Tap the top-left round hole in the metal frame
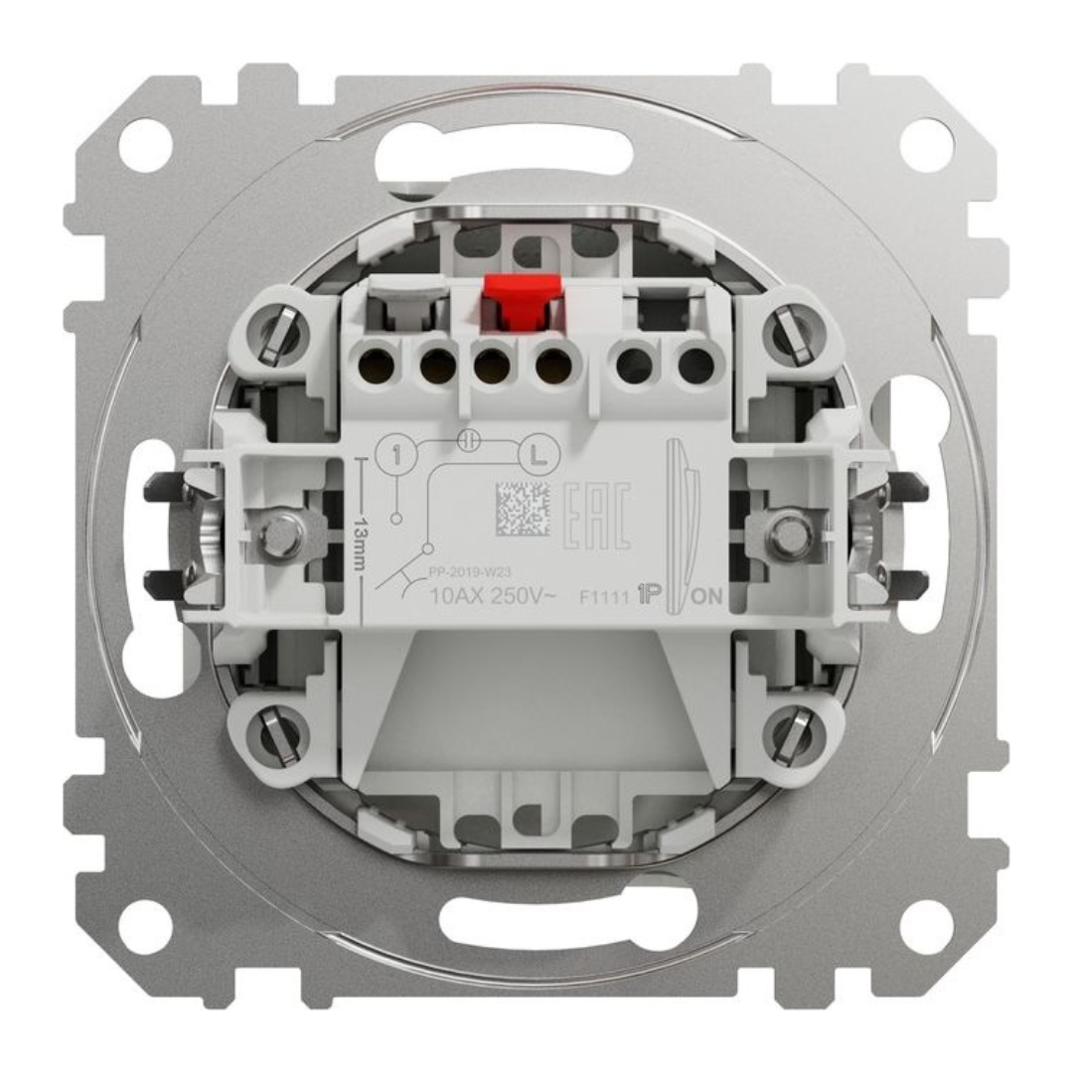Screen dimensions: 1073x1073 coord(145,145)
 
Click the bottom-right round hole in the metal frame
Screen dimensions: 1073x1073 coord(926,926)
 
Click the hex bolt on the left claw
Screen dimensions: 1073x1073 coord(281,534)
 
